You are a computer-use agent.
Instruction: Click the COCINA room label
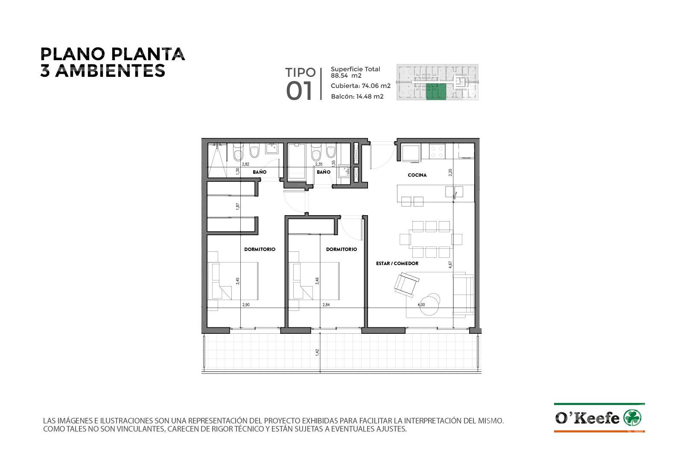point(417,175)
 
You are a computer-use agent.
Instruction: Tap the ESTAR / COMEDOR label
point(397,263)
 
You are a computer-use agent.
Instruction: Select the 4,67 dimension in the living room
point(450,265)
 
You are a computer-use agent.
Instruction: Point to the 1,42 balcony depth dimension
point(318,352)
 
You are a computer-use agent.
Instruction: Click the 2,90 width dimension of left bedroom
point(246,305)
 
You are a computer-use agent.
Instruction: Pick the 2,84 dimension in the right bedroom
point(326,305)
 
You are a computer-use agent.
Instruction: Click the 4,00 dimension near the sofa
point(421,305)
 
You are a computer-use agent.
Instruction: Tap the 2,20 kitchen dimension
point(450,172)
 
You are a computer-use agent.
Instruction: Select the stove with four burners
point(437,152)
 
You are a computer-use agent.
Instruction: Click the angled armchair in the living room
point(406,285)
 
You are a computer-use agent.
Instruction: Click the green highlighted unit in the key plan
point(436,91)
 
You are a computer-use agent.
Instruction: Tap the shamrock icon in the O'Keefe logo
point(632,418)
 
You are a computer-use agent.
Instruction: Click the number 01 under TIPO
point(299,91)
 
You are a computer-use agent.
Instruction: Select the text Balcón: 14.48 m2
point(357,96)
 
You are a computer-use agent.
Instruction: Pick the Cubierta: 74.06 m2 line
point(360,86)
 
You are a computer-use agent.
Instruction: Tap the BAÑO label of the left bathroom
point(260,172)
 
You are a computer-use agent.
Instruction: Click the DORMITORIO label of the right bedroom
point(341,249)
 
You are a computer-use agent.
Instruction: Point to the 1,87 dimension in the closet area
point(238,206)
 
